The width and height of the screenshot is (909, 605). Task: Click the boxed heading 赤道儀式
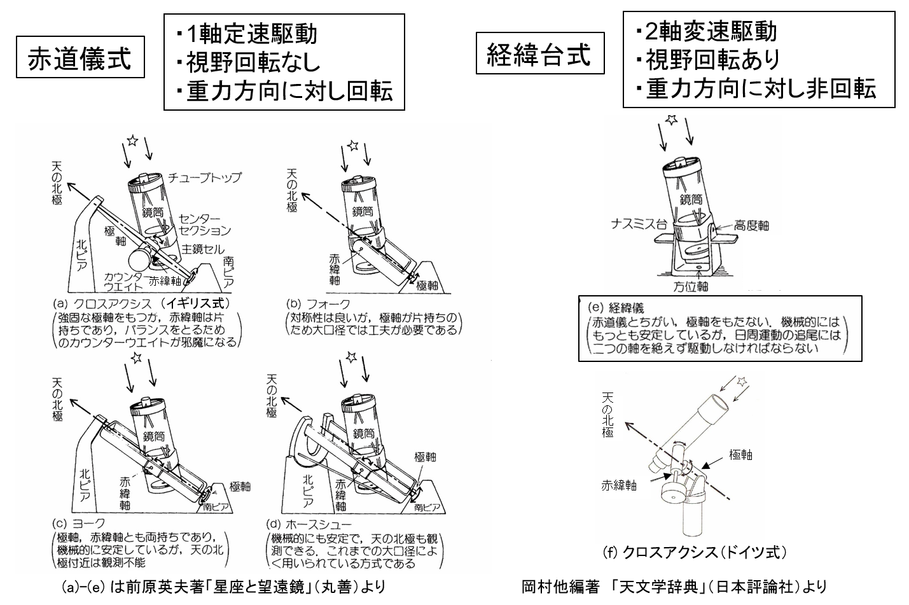(80, 59)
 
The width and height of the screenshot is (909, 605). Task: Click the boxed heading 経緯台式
(539, 54)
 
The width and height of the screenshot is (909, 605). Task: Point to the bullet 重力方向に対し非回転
(761, 88)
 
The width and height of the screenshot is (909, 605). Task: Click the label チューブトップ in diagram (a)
(205, 177)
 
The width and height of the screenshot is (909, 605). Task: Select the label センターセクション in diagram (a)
(204, 225)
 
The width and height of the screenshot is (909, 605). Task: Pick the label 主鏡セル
(203, 248)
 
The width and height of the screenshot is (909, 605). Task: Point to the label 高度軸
(751, 225)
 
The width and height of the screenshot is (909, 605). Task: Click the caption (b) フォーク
(318, 304)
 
